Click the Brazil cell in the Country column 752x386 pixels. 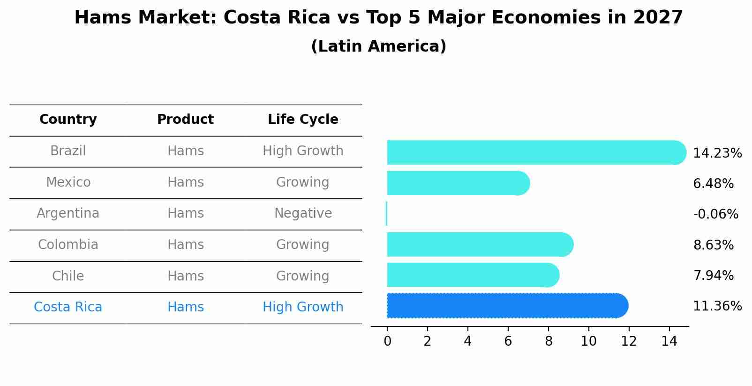tap(68, 151)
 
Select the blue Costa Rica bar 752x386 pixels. tap(506, 306)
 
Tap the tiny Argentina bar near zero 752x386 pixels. tap(386, 213)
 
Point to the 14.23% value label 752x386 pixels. tap(717, 153)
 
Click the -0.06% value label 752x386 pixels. tap(715, 214)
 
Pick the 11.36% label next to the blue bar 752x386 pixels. tap(717, 306)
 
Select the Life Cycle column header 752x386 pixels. tap(303, 120)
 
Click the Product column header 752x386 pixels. tap(185, 120)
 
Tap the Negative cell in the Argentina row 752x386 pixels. tap(303, 213)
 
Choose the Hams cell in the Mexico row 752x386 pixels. tap(185, 182)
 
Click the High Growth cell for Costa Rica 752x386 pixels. tap(303, 307)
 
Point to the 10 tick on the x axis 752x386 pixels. tap(588, 341)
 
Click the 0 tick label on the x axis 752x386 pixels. tap(387, 341)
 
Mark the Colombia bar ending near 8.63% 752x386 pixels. tap(478, 244)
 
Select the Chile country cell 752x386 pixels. tap(68, 276)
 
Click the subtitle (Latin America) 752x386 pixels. tap(378, 46)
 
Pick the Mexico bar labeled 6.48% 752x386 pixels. tap(457, 183)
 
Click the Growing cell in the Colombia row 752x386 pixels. tap(303, 245)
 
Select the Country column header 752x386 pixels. tap(68, 120)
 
